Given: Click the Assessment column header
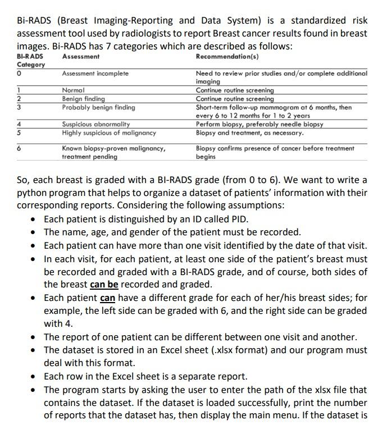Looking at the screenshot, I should (81, 57).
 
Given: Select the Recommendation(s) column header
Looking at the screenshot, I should (227, 57).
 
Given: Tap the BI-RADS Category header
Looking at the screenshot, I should (30, 61).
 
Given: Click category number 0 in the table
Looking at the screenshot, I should (19, 74).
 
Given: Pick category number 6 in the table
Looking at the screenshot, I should (19, 148).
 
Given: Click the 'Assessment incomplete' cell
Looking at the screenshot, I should (95, 74).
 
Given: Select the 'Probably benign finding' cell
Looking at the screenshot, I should (98, 107).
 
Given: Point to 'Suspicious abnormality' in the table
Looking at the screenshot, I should (96, 124).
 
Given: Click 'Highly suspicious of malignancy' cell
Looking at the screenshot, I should (109, 133).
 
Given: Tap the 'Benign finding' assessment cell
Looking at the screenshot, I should (83, 98).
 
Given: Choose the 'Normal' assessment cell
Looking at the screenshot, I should (73, 90).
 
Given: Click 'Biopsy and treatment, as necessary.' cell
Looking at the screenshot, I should (249, 133).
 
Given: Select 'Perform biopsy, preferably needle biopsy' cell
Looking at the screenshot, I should (259, 124).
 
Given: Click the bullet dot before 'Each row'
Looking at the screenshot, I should (35, 377).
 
